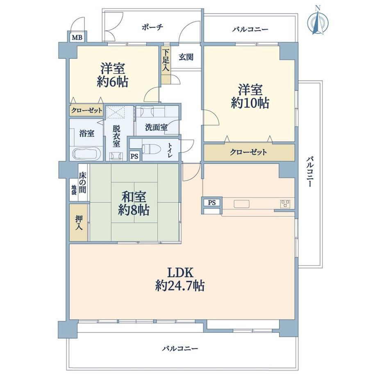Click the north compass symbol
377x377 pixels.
point(318,21)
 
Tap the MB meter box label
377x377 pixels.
point(77,38)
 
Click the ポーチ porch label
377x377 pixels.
point(152,27)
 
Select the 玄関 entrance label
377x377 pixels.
point(186,57)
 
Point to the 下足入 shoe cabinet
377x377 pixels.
point(166,65)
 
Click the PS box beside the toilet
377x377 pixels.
point(134,156)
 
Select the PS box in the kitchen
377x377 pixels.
point(212,202)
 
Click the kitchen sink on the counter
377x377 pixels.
point(242,204)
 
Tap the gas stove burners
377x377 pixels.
point(285,204)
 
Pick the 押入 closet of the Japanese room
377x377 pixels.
point(78,223)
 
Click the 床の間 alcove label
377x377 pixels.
point(82,183)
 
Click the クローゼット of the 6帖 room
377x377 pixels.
point(86,110)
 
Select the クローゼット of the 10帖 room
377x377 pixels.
point(249,152)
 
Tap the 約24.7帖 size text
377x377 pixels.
point(180,286)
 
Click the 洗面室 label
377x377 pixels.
point(156,127)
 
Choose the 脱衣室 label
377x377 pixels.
point(117,136)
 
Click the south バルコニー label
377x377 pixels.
point(180,348)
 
